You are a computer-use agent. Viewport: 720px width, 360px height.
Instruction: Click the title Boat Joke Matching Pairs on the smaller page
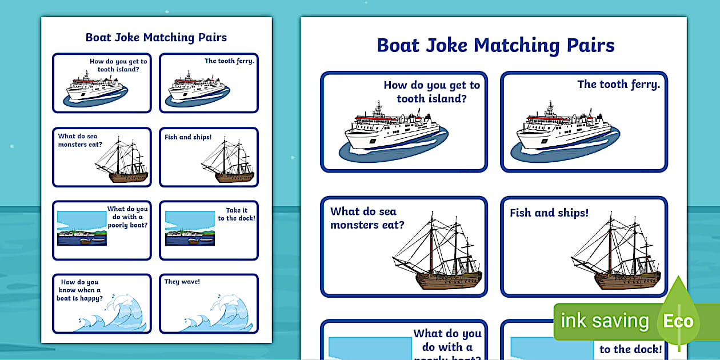(x=156, y=38)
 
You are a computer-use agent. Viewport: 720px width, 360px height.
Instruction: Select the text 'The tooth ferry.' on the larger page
(x=618, y=85)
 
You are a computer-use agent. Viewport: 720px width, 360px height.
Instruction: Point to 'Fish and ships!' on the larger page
(x=549, y=213)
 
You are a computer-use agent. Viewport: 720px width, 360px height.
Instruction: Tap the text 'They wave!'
(x=182, y=282)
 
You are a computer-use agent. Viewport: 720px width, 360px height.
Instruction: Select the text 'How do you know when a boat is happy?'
(x=80, y=290)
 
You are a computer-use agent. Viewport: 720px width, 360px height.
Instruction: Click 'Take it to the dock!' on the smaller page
(x=237, y=214)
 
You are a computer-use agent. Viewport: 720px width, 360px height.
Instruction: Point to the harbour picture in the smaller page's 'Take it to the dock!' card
(x=189, y=229)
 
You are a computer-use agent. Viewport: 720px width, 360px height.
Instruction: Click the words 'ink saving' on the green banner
(x=605, y=321)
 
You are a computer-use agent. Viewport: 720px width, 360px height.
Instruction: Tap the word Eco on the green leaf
(x=678, y=321)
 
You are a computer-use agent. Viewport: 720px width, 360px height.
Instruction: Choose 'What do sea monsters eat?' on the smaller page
(x=78, y=140)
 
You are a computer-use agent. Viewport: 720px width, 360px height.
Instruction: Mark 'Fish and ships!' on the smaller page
(x=188, y=137)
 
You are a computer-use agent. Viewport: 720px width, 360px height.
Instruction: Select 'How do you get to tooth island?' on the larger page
(x=431, y=91)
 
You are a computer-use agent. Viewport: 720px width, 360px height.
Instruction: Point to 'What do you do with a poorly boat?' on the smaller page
(x=127, y=217)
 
